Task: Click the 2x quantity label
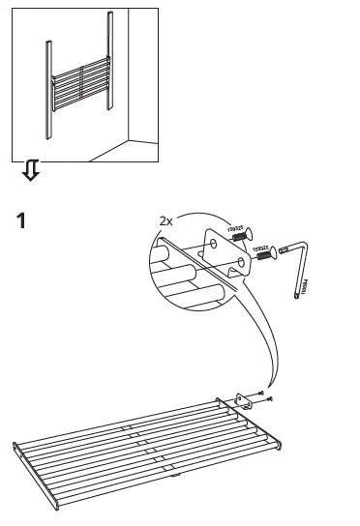tap(166, 219)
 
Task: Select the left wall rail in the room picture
tap(45, 87)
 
